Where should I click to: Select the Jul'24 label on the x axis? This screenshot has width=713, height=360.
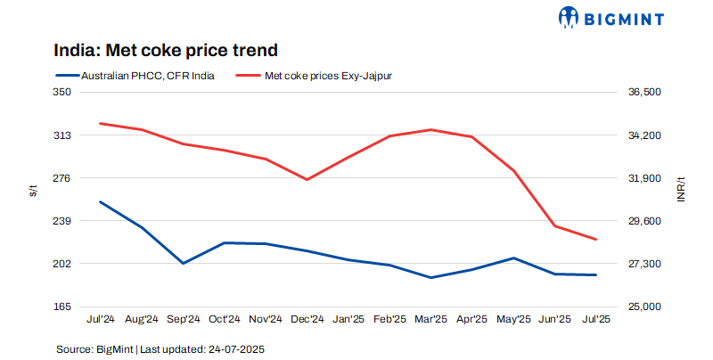coord(100,319)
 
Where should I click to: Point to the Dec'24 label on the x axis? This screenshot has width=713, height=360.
coord(307,319)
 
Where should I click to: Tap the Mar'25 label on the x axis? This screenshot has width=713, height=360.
coord(430,319)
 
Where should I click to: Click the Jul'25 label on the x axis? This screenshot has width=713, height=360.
coord(595,319)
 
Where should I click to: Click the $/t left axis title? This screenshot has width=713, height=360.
coord(33,190)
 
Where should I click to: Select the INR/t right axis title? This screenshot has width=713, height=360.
coord(681,189)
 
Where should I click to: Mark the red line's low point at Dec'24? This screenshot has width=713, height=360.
coord(307,180)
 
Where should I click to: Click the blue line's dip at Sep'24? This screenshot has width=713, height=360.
coord(183,264)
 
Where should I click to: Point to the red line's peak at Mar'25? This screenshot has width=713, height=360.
coord(430,130)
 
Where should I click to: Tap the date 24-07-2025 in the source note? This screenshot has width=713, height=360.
coord(235,348)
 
